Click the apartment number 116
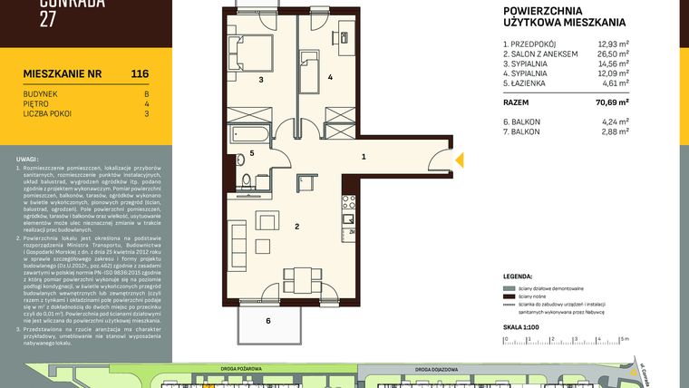139,73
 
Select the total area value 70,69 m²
612,103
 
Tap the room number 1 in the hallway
364,157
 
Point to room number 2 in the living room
296,226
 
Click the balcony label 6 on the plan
267,321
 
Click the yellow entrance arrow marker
459,160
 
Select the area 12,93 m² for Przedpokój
613,43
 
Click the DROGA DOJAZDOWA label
435,370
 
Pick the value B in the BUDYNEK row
146,93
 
